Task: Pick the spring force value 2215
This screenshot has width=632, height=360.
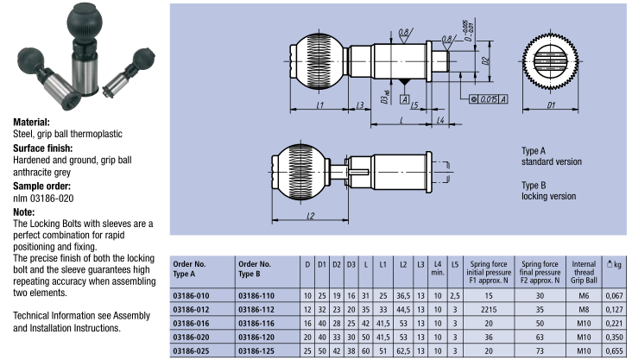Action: tap(489, 309)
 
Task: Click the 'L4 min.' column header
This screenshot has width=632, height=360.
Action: tap(438, 269)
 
